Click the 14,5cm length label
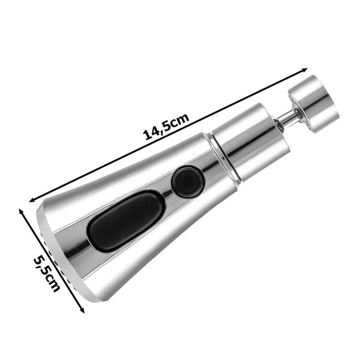tap(166, 127)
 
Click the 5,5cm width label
tap(47, 273)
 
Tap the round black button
tap(188, 181)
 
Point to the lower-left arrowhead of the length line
tap(33, 200)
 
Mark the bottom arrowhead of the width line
tap(82, 310)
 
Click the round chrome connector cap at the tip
tap(314, 104)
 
